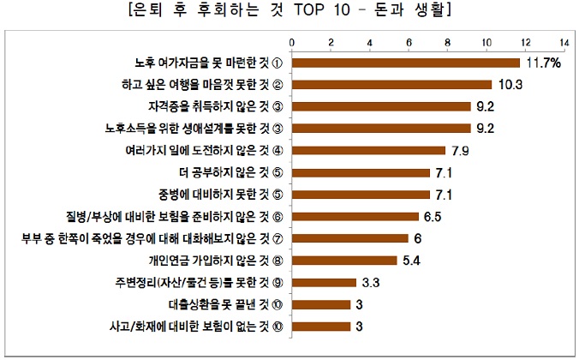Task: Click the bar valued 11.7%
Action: coord(406,63)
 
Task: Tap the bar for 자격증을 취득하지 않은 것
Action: coord(382,106)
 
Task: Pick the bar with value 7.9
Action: coord(369,150)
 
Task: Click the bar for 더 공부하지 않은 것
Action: coord(361,172)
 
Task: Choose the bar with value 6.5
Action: coord(355,216)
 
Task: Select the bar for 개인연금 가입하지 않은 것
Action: coord(345,260)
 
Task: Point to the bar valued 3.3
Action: coord(325,282)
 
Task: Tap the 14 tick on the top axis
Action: coord(564,41)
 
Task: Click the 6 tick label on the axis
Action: coord(409,41)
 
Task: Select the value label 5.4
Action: coord(411,260)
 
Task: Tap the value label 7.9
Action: coord(460,150)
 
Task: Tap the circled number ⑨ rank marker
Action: coord(278,282)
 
